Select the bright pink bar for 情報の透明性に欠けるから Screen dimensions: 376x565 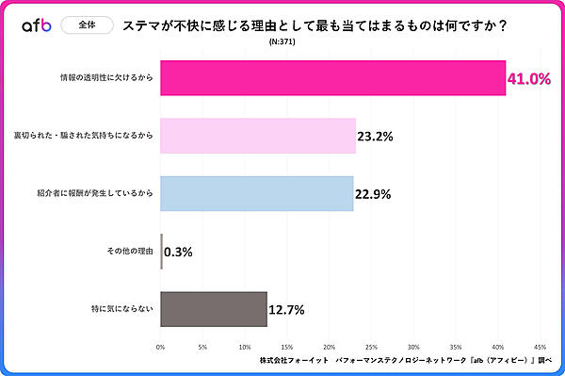(333, 78)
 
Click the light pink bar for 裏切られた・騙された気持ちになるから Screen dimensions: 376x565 (258, 136)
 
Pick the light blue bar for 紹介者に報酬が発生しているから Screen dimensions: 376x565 (257, 193)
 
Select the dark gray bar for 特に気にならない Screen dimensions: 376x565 (214, 308)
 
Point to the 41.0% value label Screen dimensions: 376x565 (528, 79)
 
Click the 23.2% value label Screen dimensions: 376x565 (376, 137)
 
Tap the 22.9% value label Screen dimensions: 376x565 (373, 194)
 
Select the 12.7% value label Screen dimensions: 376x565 (287, 309)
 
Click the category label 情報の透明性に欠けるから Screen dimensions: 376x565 (105, 78)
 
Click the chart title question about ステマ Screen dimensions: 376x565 (315, 26)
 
